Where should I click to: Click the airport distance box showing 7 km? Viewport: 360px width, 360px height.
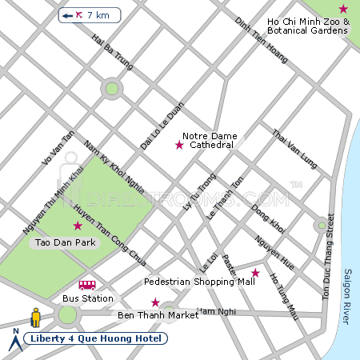(x=90, y=15)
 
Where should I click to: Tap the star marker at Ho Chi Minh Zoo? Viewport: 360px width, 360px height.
(x=343, y=9)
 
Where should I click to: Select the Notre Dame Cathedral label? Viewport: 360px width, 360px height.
(x=207, y=141)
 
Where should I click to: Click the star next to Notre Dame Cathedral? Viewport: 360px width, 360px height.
(x=179, y=145)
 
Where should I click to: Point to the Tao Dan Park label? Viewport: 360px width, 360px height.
(x=62, y=242)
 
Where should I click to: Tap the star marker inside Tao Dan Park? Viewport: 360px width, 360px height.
(x=78, y=226)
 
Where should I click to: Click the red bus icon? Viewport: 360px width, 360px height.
(x=87, y=285)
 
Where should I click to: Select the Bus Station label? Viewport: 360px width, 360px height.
(x=87, y=298)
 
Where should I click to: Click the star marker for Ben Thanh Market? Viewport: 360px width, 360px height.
(x=155, y=302)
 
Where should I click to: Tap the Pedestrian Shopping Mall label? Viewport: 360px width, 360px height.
(x=199, y=282)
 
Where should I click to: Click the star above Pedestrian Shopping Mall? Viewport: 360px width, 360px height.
(x=256, y=273)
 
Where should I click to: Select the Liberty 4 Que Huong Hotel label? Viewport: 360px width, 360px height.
(x=96, y=338)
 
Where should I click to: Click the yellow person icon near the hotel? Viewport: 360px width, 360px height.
(x=35, y=318)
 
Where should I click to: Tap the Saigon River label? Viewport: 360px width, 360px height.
(x=347, y=296)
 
